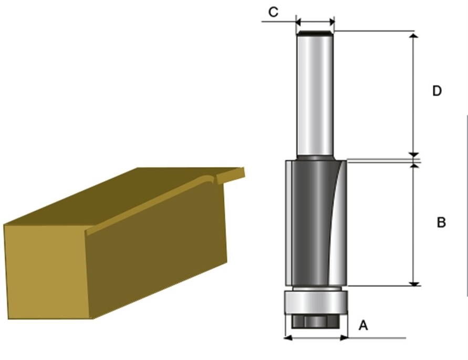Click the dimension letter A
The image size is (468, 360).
[x=363, y=326]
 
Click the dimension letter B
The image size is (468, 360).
[x=441, y=223]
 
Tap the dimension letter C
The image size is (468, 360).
[x=273, y=12]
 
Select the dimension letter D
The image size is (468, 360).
[x=436, y=91]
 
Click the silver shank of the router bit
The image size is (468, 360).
[x=315, y=95]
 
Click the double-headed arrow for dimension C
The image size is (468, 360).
[x=315, y=22]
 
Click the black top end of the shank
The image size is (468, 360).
[x=315, y=34]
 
